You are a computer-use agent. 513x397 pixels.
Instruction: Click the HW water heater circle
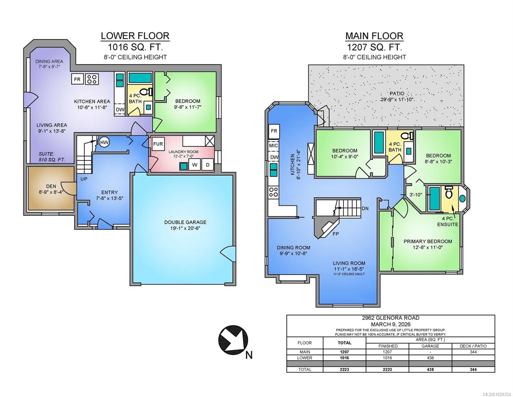pyautogui.click(x=104, y=142)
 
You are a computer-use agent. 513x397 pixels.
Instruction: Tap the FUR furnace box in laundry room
pyautogui.click(x=158, y=144)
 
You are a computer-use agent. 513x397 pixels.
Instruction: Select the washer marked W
pyautogui.click(x=195, y=164)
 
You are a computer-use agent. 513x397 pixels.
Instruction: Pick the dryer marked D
pyautogui.click(x=207, y=164)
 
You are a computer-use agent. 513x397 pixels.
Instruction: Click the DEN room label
pyautogui.click(x=51, y=186)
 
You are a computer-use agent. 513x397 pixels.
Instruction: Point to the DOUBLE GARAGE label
pyautogui.click(x=185, y=222)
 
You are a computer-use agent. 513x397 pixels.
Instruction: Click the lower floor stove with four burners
pyautogui.click(x=92, y=79)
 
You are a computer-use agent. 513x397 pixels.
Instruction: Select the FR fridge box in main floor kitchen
pyautogui.click(x=274, y=131)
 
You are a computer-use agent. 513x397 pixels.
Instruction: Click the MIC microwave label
pyautogui.click(x=274, y=146)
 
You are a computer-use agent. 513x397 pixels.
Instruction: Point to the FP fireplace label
pyautogui.click(x=336, y=234)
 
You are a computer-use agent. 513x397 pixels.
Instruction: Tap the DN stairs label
pyautogui.click(x=365, y=208)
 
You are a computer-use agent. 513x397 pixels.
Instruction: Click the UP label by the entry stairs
pyautogui.click(x=84, y=179)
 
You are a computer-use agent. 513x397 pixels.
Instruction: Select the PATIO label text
pyautogui.click(x=397, y=93)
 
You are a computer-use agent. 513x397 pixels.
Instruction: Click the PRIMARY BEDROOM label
pyautogui.click(x=428, y=242)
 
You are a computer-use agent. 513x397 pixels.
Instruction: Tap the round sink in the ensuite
pyautogui.click(x=462, y=198)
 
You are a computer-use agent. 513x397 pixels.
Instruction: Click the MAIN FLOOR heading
pyautogui.click(x=374, y=36)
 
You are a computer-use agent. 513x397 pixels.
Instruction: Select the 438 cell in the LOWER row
pyautogui.click(x=430, y=358)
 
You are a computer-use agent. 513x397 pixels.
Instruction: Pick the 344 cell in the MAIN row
pyautogui.click(x=473, y=352)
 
